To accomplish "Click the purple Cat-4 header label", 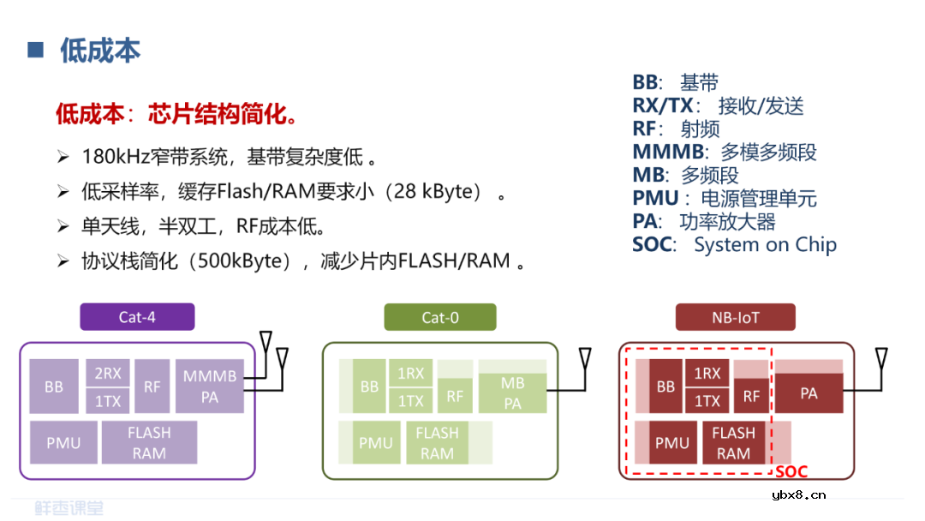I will [x=137, y=317].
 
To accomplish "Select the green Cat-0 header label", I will [x=440, y=317].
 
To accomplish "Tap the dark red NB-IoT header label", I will [x=735, y=317].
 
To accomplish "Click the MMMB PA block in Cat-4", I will [x=209, y=386].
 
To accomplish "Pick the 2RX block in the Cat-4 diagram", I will [x=108, y=373].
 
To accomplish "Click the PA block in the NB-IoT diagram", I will [x=809, y=393].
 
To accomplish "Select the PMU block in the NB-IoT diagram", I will [x=672, y=443].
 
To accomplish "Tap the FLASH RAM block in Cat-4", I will [x=149, y=443].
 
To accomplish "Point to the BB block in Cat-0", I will [x=369, y=386].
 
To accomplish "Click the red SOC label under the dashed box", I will [x=791, y=472].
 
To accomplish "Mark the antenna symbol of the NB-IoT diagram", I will [x=880, y=358].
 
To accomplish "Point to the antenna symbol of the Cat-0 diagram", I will [x=585, y=358].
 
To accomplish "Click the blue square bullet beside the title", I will [x=35, y=50].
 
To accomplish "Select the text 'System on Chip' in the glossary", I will [x=765, y=244].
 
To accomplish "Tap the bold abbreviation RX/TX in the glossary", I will [x=663, y=106].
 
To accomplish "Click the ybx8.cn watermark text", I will [x=798, y=494].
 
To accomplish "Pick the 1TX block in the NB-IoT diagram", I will [x=707, y=400].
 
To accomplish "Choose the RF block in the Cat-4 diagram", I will [x=152, y=386].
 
